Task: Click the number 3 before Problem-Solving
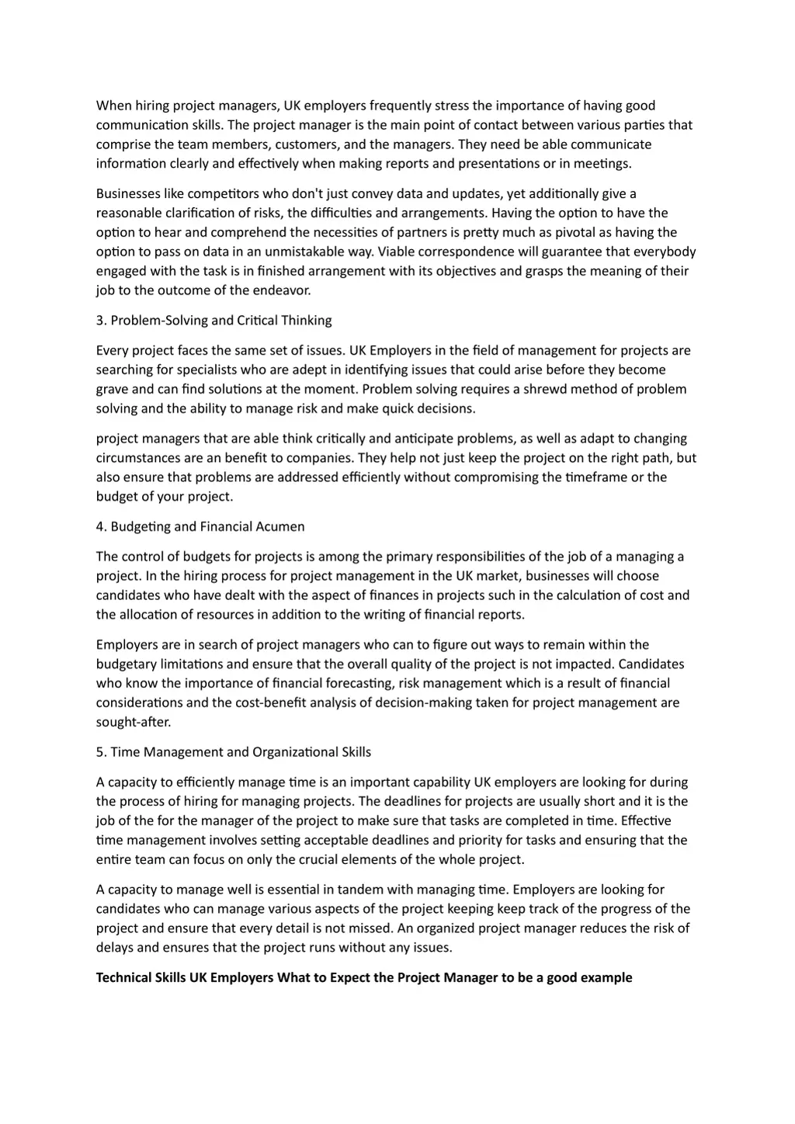[x=100, y=321]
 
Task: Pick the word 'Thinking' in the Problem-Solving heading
[x=307, y=321]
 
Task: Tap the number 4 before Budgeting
[x=100, y=526]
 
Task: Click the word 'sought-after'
[x=134, y=722]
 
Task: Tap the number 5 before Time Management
[x=100, y=752]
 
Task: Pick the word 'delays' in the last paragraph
[x=115, y=947]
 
